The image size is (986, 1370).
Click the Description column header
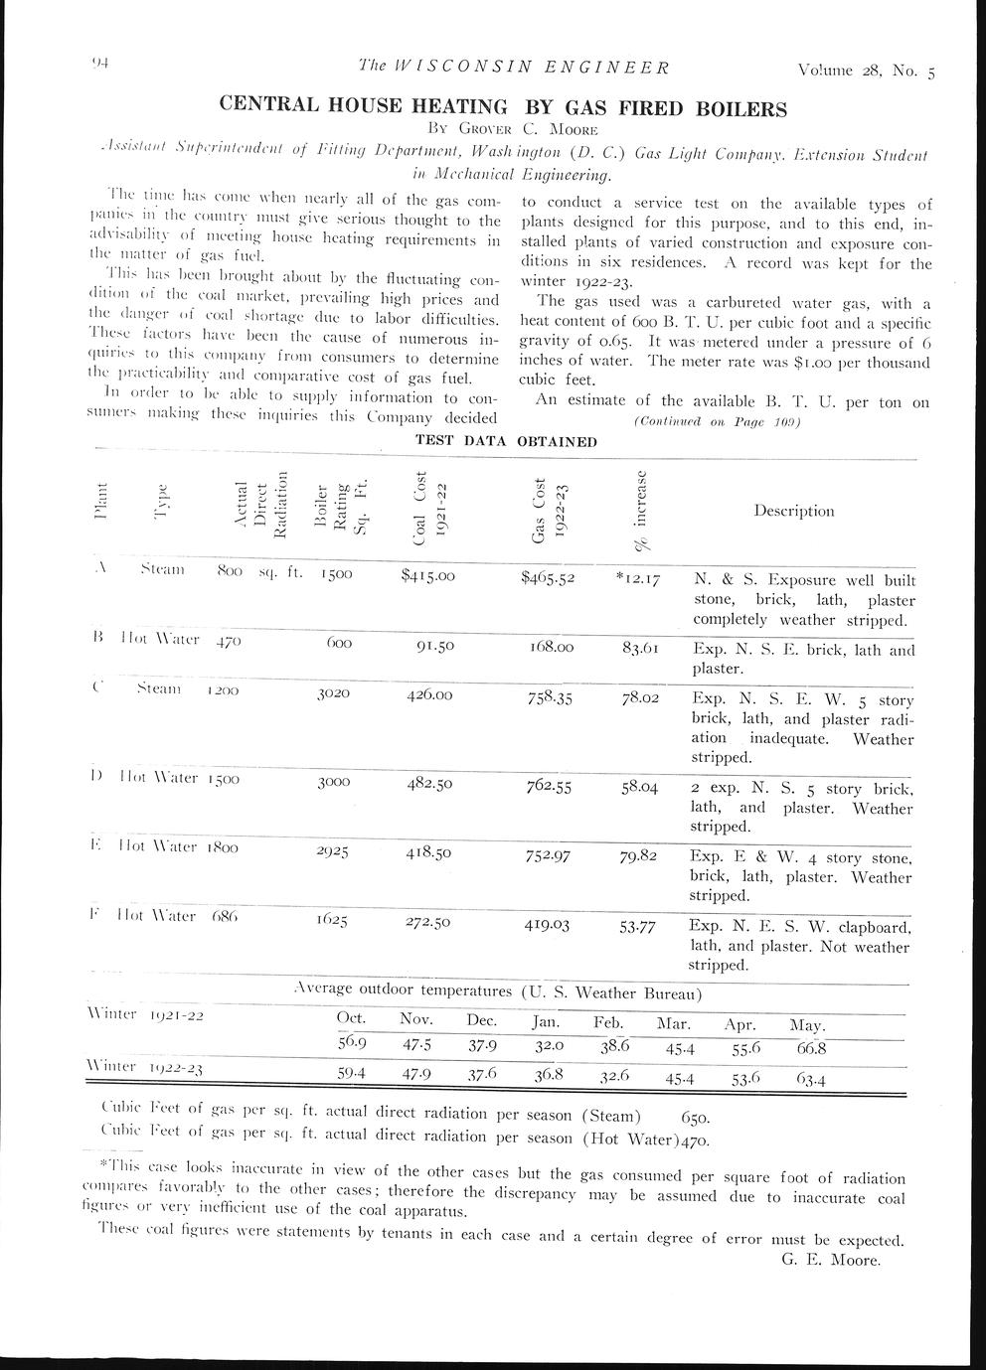(793, 511)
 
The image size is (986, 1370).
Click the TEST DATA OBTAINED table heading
(506, 441)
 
